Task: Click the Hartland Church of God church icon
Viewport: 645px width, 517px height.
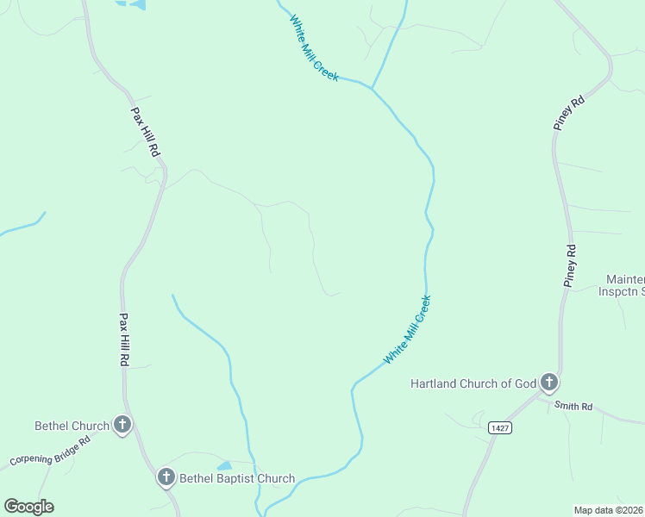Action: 548,383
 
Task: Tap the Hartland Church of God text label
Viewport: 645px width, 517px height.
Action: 473,383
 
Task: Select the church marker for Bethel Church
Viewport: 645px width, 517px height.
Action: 123,424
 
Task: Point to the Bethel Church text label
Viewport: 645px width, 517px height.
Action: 72,426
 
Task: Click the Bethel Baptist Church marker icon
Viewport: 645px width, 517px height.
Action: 166,477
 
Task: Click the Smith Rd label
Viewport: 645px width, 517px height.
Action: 573,406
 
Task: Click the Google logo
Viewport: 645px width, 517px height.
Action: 28,507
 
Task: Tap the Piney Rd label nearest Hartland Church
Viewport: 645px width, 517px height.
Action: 570,265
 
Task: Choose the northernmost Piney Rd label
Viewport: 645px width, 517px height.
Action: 569,112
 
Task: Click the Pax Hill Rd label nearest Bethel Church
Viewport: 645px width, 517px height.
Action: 123,339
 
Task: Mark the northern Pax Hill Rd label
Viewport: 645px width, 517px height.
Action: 145,131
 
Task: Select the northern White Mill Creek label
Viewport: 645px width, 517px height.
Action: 314,49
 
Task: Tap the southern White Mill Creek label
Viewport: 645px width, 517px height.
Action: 407,329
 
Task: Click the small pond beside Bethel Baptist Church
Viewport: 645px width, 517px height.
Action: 223,466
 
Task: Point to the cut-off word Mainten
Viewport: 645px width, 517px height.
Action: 625,279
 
